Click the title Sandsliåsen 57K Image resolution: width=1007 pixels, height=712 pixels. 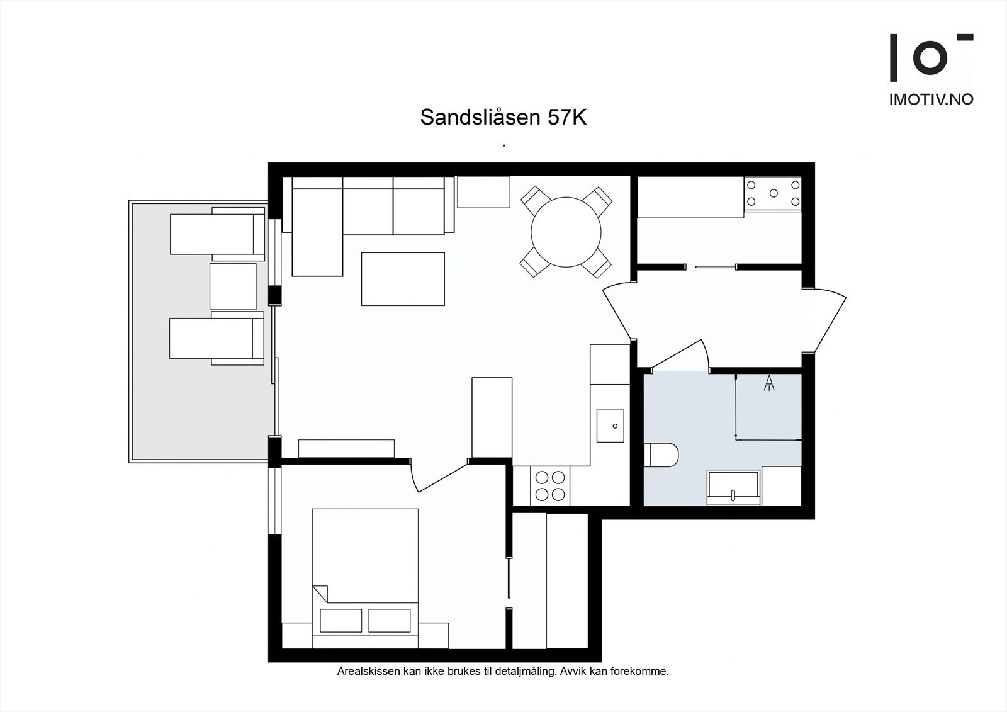point(503,118)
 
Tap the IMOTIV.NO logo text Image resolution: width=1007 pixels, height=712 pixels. point(931,99)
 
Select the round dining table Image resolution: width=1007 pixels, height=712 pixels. point(566,232)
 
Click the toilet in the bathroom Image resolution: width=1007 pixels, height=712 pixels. point(661,455)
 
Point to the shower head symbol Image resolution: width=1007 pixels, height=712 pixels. point(768,383)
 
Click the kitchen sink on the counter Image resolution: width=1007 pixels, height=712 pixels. point(610,426)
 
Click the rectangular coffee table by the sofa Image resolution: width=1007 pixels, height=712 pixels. point(403,279)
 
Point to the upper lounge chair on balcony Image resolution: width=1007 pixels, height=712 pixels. point(217,234)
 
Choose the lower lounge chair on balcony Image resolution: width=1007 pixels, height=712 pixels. point(217,338)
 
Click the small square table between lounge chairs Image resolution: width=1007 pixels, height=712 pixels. point(233,286)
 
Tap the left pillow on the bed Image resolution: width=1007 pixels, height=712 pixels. point(341,621)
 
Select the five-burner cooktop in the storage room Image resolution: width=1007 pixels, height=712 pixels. point(772,193)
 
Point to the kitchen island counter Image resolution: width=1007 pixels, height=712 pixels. point(492,417)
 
